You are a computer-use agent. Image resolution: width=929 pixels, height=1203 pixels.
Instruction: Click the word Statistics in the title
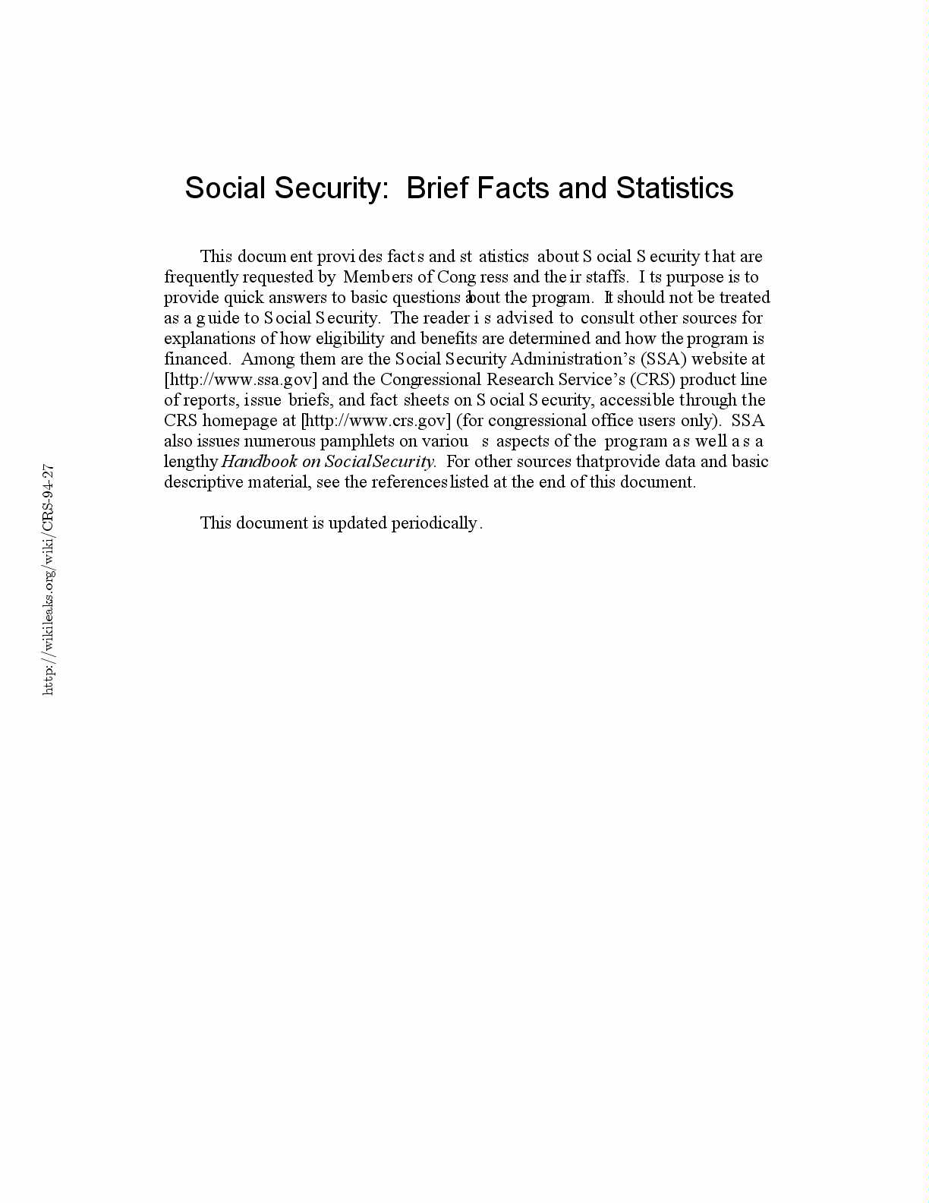pyautogui.click(x=675, y=188)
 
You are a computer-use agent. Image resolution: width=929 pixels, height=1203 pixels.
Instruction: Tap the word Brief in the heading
pyautogui.click(x=437, y=188)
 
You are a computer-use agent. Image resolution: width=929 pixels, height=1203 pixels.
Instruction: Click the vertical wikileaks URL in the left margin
pyautogui.click(x=48, y=579)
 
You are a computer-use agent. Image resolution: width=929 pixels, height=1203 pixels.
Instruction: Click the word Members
pyautogui.click(x=377, y=277)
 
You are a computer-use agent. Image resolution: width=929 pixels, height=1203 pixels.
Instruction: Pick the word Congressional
pyautogui.click(x=430, y=380)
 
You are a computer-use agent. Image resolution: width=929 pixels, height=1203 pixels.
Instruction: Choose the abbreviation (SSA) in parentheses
pyautogui.click(x=663, y=359)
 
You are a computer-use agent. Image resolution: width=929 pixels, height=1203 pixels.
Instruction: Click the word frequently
pyautogui.click(x=201, y=277)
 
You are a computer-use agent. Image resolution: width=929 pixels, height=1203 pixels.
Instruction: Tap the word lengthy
pyautogui.click(x=191, y=462)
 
